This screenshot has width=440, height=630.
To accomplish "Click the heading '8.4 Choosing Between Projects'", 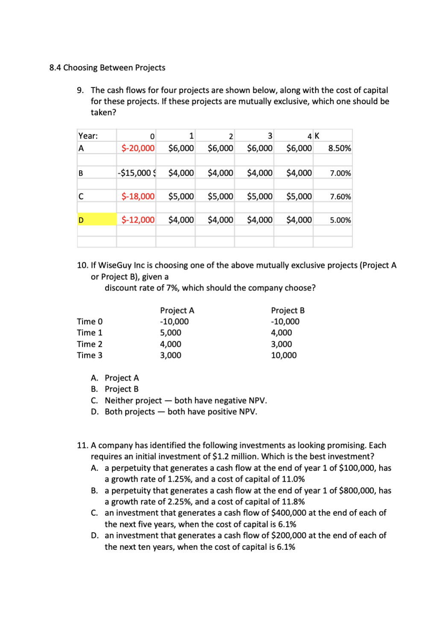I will pyautogui.click(x=107, y=68).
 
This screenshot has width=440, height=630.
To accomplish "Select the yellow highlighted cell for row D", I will pyautogui.click(x=97, y=220).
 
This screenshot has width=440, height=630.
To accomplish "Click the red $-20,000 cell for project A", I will pyautogui.click(x=138, y=148).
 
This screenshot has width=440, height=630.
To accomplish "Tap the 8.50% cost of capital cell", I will pyautogui.click(x=340, y=148).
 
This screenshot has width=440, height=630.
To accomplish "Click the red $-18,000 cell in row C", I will pyautogui.click(x=138, y=197).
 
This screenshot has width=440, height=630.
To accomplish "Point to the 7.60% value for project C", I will pyautogui.click(x=340, y=197).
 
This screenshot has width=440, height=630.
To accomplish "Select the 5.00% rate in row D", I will pyautogui.click(x=340, y=220).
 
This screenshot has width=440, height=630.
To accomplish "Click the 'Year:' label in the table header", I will pyautogui.click(x=88, y=136).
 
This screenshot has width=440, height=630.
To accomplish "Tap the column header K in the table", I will pyautogui.click(x=317, y=136).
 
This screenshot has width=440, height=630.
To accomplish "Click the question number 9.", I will pyautogui.click(x=80, y=90).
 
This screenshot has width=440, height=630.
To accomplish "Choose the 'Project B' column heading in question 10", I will pyautogui.click(x=287, y=311).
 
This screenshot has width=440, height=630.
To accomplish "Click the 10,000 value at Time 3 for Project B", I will pyautogui.click(x=284, y=355).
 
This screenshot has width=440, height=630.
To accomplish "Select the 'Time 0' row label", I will pyautogui.click(x=90, y=322).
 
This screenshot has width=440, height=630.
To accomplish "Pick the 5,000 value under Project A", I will pyautogui.click(x=170, y=333).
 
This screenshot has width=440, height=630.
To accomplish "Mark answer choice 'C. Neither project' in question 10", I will pyautogui.click(x=133, y=401).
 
